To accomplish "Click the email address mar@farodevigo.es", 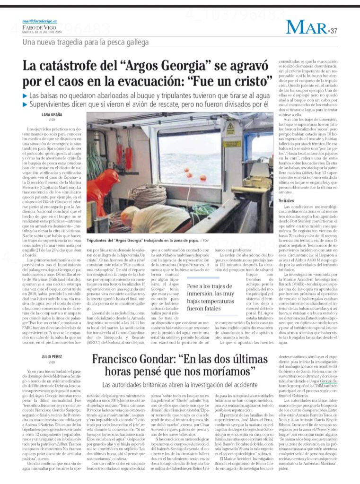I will pyautogui.click(x=39, y=21).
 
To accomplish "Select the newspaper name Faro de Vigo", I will pyautogui.click(x=36, y=27).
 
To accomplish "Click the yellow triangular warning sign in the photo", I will pyautogui.click(x=230, y=128).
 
